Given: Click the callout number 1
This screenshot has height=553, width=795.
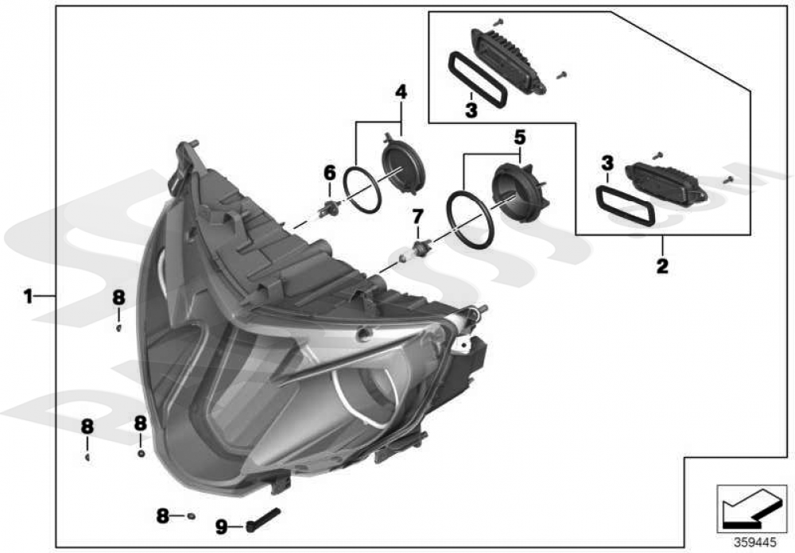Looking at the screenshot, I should [x=27, y=296].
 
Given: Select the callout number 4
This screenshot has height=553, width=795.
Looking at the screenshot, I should [x=401, y=92].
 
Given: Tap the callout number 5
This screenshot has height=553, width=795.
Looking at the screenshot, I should [x=519, y=137].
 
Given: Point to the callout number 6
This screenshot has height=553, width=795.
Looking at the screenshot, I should [x=329, y=172].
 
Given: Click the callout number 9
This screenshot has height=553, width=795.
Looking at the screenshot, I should [x=222, y=525].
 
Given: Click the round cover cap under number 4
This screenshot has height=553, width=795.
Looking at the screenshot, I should [x=404, y=165].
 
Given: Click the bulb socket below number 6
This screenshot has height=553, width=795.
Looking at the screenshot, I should [x=327, y=210].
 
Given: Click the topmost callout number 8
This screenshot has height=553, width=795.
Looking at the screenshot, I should [x=118, y=297].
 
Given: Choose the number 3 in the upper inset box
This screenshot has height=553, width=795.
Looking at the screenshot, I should [x=471, y=111].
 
